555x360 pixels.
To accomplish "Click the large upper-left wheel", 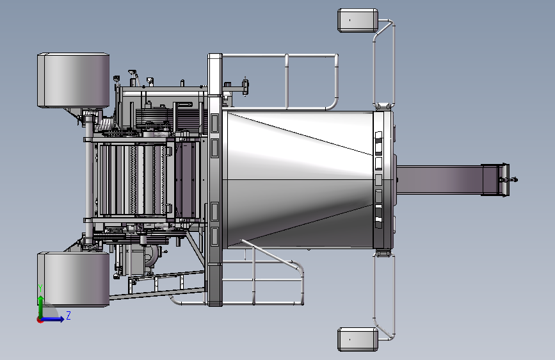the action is pyautogui.click(x=73, y=80).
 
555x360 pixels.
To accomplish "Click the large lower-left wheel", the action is pyautogui.click(x=73, y=279).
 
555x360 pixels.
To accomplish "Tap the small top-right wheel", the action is pyautogui.click(x=358, y=20).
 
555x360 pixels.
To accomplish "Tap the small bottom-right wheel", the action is pyautogui.click(x=358, y=340).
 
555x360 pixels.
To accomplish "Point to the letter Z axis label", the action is pyautogui.click(x=68, y=315).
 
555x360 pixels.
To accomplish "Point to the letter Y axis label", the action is pyautogui.click(x=40, y=288).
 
